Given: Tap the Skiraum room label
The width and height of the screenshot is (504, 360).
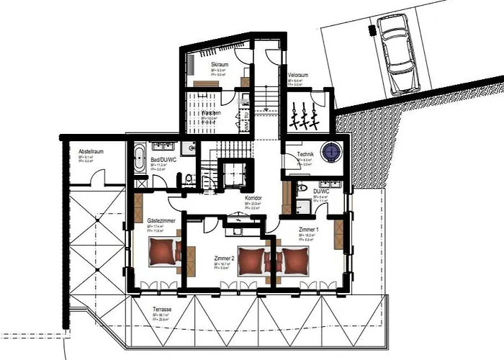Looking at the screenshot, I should click(220, 65).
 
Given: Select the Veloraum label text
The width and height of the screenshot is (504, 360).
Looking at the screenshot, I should click(298, 75).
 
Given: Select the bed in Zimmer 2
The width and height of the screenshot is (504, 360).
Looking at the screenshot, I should click(250, 258).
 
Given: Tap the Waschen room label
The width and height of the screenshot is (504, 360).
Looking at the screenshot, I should click(211, 113).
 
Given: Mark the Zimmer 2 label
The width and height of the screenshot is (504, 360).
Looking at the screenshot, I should click(225, 257).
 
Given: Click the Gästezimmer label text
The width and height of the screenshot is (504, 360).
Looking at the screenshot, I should click(159, 220).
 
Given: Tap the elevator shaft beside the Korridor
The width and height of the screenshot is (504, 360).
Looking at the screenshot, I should click(235, 174).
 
